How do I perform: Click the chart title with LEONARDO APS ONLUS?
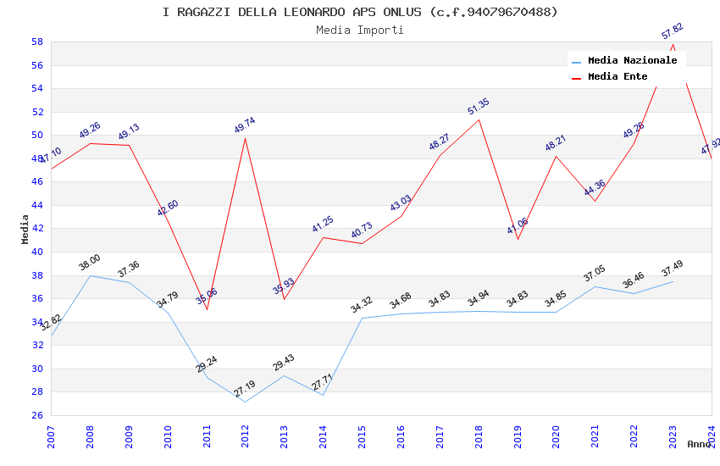[x=360, y=12]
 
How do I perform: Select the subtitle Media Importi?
[x=360, y=30]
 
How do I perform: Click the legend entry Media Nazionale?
[x=632, y=60]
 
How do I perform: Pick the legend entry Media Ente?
[x=618, y=76]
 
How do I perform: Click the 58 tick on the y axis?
[x=37, y=42]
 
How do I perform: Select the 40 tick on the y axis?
[x=37, y=252]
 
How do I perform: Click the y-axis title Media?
[x=25, y=229]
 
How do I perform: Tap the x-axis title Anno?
[x=699, y=444]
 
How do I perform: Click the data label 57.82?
[x=673, y=31]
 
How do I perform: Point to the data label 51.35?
[x=479, y=107]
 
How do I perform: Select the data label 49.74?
[x=245, y=125]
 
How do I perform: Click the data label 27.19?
[x=245, y=390]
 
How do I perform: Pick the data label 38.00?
[x=90, y=263]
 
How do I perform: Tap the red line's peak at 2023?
[x=673, y=44]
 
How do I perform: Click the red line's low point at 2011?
[x=207, y=309]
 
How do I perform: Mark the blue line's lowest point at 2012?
[x=246, y=402]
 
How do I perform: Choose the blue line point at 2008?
[x=90, y=275]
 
